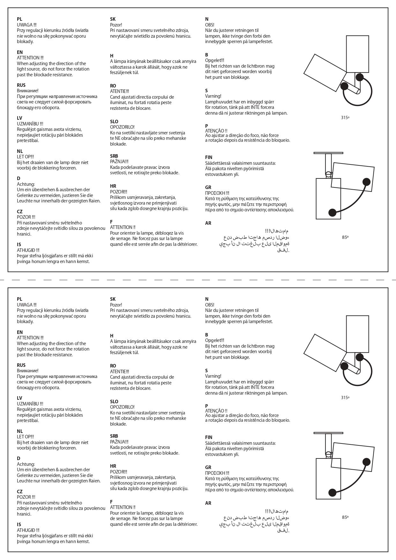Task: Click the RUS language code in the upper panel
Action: tap(21, 85)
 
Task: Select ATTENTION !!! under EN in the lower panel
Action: tap(30, 338)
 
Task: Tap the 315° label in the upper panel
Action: tap(345, 117)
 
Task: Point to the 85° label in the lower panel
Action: tap(345, 517)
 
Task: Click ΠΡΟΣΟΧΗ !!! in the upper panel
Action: tap(217, 193)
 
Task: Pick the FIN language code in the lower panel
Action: tap(209, 437)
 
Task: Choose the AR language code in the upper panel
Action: tap(208, 223)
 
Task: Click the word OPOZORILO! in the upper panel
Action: tap(122, 127)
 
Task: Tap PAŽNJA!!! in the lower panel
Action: tap(119, 442)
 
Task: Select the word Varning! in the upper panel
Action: tap(213, 96)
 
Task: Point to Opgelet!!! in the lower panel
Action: tap(215, 340)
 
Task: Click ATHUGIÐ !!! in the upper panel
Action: tap(28, 250)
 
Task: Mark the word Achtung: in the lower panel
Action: tap(26, 464)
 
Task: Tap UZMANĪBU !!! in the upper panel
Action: tap(30, 124)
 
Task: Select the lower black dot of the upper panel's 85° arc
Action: tap(332, 212)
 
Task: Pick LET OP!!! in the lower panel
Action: tap(25, 437)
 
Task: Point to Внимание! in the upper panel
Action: tap(27, 91)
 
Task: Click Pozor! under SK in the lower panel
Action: tap(116, 305)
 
